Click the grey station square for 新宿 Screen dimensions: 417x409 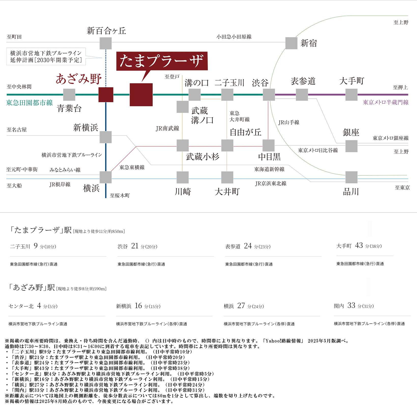pyautogui.click(x=291, y=43)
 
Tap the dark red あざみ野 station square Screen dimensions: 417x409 pyautogui.click(x=106, y=95)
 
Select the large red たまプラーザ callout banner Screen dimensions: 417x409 pyautogui.click(x=162, y=61)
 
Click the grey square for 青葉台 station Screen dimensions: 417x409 pyautogui.click(x=69, y=95)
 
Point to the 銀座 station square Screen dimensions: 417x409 pyautogui.click(x=351, y=146)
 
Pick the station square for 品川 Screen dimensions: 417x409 pyautogui.click(x=351, y=177)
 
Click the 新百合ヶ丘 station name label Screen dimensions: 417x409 pyautogui.click(x=106, y=31)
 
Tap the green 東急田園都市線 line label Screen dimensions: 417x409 pyautogui.click(x=30, y=103)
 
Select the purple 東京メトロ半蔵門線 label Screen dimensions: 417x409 pyautogui.click(x=385, y=102)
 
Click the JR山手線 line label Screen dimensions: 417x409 pyautogui.click(x=289, y=123)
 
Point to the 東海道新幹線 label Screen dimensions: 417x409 pyautogui.click(x=269, y=169)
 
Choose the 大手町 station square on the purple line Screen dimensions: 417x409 pyautogui.click(x=351, y=95)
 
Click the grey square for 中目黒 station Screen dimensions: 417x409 pyautogui.click(x=268, y=145)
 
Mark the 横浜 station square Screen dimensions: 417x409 pyautogui.click(x=106, y=177)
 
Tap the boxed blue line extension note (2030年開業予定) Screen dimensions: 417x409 pyautogui.click(x=46, y=56)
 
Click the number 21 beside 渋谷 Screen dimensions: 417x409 pyautogui.click(x=135, y=246)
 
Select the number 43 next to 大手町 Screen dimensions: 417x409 pyautogui.click(x=359, y=245)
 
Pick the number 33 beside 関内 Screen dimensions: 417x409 pyautogui.click(x=351, y=305)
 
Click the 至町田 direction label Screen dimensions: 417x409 pyautogui.click(x=14, y=37)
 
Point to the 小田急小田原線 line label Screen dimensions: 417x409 pyautogui.click(x=234, y=37)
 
